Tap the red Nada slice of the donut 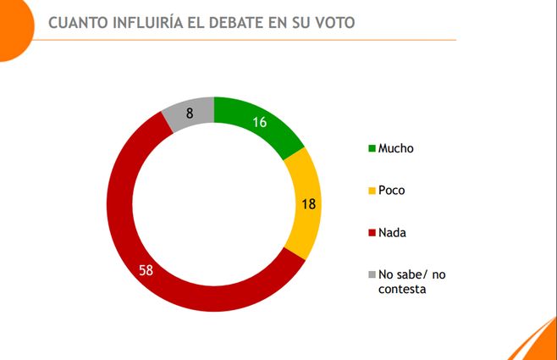click(135, 246)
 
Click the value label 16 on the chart click(260, 122)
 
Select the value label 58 click(146, 269)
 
